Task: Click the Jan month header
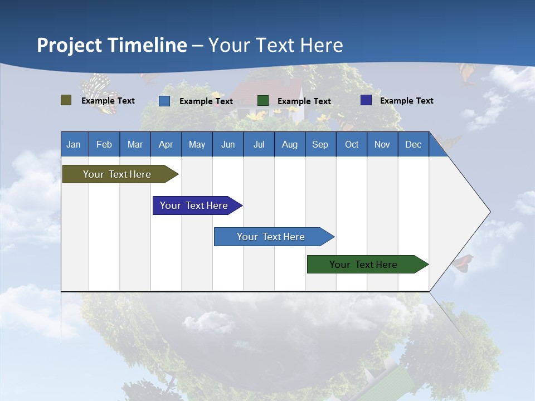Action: tap(74, 144)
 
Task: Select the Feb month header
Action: tap(104, 144)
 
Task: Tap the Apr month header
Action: tap(166, 144)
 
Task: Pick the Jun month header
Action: tap(228, 144)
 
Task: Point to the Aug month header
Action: tap(289, 144)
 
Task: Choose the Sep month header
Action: tap(320, 144)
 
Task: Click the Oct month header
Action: tap(352, 144)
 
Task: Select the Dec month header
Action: tap(413, 144)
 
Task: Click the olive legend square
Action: tap(66, 100)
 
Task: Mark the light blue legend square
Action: tap(164, 101)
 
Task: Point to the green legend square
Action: tap(263, 101)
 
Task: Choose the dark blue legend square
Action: tap(366, 100)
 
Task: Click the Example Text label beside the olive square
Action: tap(108, 101)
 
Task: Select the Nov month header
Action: tap(382, 144)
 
